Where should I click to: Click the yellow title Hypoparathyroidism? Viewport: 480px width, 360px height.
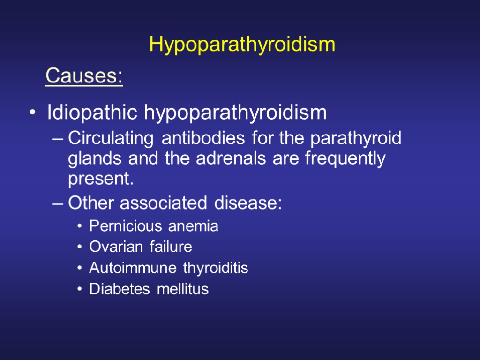click(242, 45)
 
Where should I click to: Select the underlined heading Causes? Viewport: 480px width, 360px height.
click(84, 76)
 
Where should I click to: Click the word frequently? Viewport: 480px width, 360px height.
click(345, 159)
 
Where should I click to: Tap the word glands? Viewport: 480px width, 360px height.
click(90, 159)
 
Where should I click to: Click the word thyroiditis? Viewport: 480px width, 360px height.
click(216, 268)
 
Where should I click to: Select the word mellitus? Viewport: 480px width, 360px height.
click(182, 289)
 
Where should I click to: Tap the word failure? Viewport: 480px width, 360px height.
click(171, 247)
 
